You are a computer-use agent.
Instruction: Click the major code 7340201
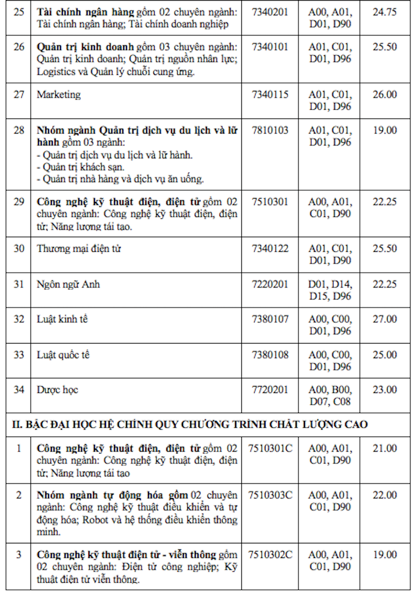pyautogui.click(x=270, y=12)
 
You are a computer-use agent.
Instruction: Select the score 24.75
pyautogui.click(x=385, y=12)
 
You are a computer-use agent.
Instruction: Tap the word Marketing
pyautogui.click(x=59, y=95)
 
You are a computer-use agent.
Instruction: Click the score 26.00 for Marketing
pyautogui.click(x=385, y=95)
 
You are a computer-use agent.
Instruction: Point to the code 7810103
pyautogui.click(x=270, y=131)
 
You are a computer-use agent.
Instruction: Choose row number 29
pyautogui.click(x=19, y=202)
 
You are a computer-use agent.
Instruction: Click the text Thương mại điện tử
pyautogui.click(x=79, y=249)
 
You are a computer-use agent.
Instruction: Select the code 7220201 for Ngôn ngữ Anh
pyautogui.click(x=270, y=284)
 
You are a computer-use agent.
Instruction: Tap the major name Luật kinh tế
pyautogui.click(x=62, y=319)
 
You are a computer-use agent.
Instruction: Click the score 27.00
pyautogui.click(x=385, y=319)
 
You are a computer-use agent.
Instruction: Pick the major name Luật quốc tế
pyautogui.click(x=63, y=355)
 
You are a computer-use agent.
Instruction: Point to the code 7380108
pyautogui.click(x=270, y=355)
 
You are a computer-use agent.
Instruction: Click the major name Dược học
pyautogui.click(x=57, y=390)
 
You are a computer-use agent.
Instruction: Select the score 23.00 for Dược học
pyautogui.click(x=385, y=390)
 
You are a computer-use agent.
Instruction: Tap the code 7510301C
pyautogui.click(x=270, y=449)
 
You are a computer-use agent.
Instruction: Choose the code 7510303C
pyautogui.click(x=270, y=495)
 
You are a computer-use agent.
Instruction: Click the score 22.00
pyautogui.click(x=385, y=495)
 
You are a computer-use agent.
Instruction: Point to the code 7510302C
pyautogui.click(x=270, y=555)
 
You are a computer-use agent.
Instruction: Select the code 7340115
pyautogui.click(x=270, y=95)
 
